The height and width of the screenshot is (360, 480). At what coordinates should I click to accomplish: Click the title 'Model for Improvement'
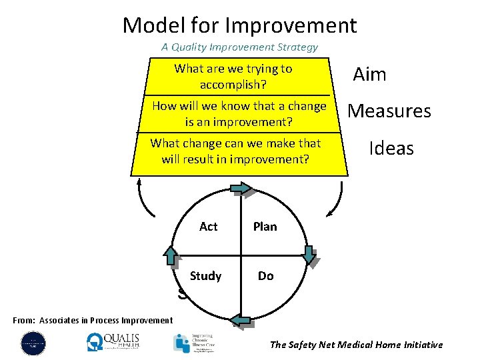(239, 25)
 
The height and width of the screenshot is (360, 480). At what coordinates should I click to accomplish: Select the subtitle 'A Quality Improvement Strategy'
(239, 47)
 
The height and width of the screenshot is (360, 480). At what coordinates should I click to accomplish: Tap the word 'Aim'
(369, 74)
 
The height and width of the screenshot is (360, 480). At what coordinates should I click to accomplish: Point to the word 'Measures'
(389, 111)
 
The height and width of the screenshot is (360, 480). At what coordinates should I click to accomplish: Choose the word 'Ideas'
(391, 148)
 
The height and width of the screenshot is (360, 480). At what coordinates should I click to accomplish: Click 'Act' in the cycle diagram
(208, 227)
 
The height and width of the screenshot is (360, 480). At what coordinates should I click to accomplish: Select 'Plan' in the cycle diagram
(265, 227)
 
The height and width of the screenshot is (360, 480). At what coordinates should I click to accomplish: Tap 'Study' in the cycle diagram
(205, 276)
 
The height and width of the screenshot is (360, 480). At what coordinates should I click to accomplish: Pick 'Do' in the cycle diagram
(265, 276)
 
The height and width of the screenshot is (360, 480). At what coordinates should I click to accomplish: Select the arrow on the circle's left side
(172, 255)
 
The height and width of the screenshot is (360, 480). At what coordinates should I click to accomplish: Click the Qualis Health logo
(113, 341)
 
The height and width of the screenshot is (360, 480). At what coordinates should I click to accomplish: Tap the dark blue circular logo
(33, 343)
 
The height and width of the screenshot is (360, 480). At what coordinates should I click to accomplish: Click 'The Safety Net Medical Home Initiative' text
(356, 345)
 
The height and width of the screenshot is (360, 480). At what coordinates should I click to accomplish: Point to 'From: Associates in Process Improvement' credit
(93, 321)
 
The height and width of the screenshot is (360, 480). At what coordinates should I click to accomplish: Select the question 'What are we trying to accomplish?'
(233, 77)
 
